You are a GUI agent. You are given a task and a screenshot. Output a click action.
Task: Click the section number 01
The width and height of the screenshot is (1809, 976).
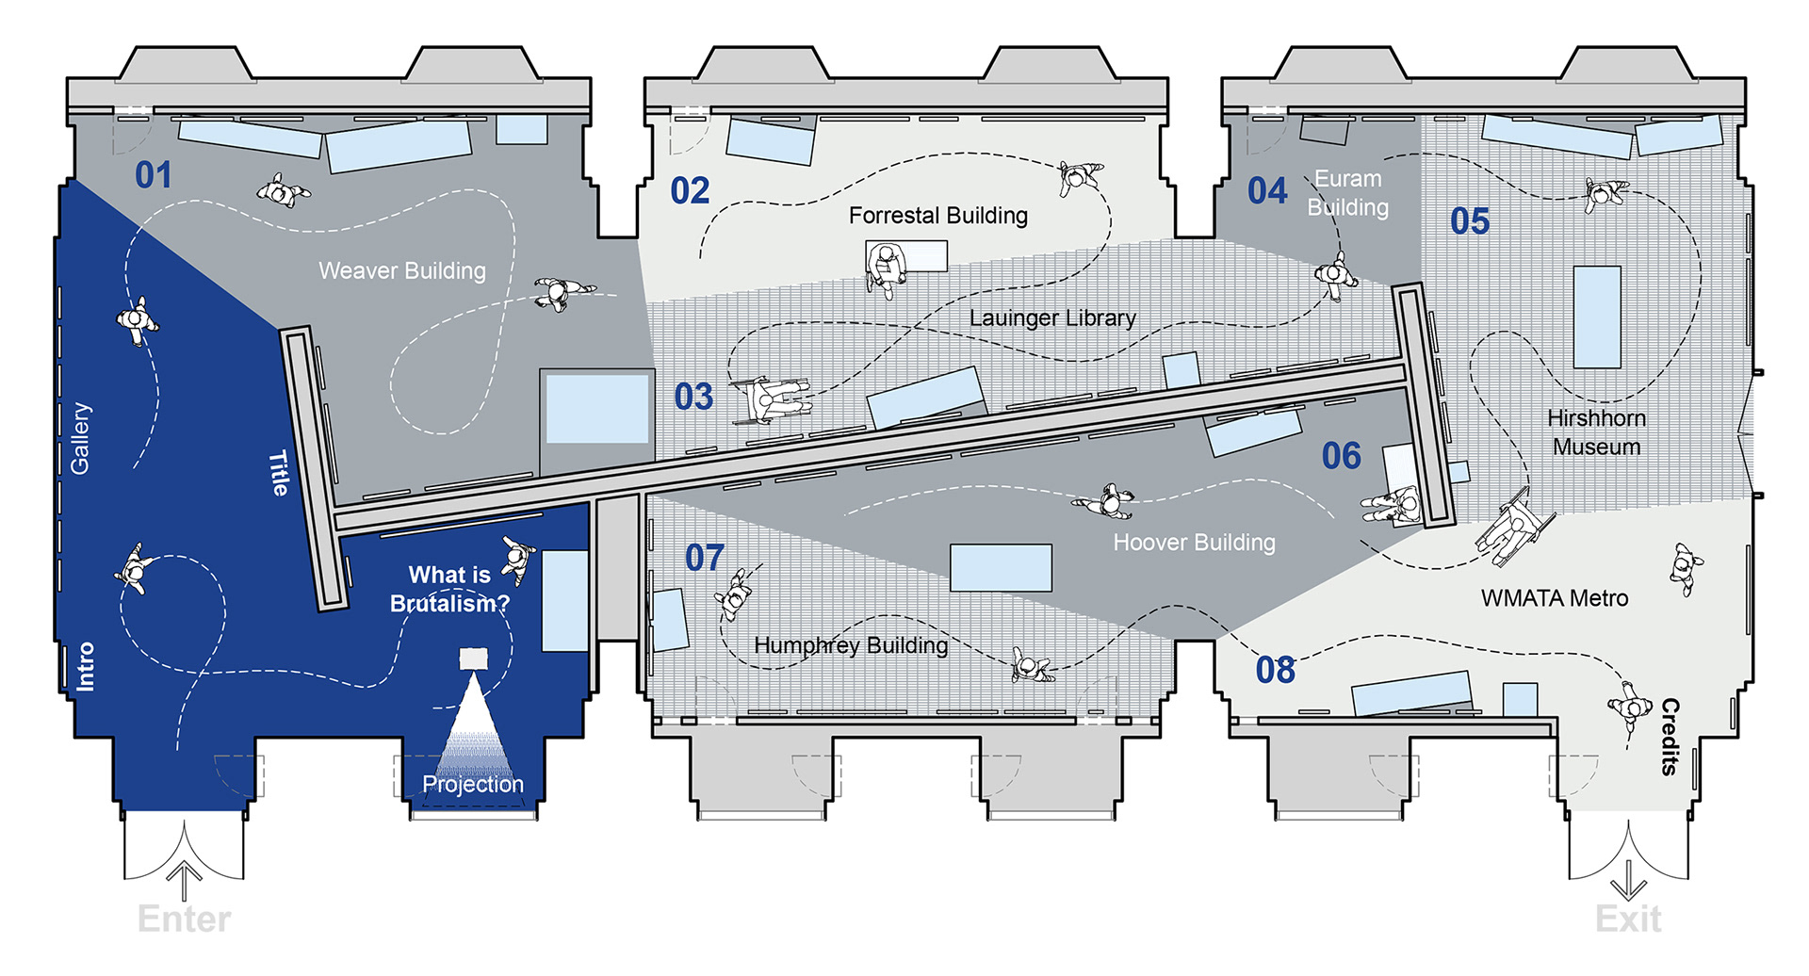(x=154, y=175)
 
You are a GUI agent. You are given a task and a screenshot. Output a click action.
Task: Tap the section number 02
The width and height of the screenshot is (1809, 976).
(x=690, y=191)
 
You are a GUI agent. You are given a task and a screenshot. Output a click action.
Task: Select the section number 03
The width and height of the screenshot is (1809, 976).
(x=693, y=397)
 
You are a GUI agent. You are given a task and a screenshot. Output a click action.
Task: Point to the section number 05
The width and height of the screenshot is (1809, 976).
(x=1470, y=221)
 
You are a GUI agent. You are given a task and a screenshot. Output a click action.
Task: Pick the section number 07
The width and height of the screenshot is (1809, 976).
(x=705, y=558)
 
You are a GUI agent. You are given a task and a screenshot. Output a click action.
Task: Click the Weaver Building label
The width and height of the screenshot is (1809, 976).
(x=402, y=271)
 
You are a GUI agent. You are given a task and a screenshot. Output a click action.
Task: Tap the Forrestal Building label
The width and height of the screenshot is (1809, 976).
(x=937, y=216)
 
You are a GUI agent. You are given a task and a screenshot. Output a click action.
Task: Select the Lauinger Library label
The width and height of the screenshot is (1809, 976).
(x=1052, y=318)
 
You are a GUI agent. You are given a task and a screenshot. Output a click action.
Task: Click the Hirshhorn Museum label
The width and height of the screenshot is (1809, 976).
(x=1596, y=432)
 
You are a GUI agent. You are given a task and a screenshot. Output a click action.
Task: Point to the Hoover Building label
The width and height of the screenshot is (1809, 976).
(x=1194, y=543)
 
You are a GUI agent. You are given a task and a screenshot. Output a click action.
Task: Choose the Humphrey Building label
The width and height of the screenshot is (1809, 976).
(x=851, y=645)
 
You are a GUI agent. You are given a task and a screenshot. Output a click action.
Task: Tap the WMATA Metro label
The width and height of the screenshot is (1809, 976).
(x=1554, y=598)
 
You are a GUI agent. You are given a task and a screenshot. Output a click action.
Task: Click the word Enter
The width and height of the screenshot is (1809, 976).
(x=184, y=919)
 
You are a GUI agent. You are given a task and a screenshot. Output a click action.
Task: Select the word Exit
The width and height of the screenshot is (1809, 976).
(x=1628, y=919)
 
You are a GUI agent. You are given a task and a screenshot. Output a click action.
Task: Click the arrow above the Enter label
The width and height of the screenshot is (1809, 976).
(x=184, y=881)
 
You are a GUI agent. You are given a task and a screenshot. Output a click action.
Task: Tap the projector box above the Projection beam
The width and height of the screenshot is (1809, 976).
(x=473, y=659)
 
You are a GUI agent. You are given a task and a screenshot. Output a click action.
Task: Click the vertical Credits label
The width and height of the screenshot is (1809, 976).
(x=1670, y=737)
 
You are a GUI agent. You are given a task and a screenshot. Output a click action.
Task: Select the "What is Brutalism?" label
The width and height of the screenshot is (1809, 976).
(x=449, y=589)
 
